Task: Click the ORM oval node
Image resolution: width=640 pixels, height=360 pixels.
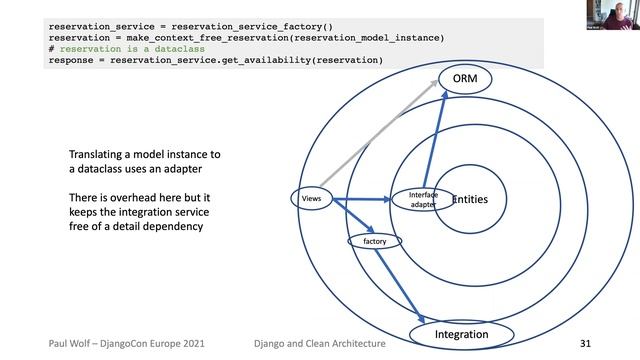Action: [466, 78]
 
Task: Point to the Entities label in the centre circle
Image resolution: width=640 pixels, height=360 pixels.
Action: [470, 200]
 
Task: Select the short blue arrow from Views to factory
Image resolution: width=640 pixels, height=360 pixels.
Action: [351, 217]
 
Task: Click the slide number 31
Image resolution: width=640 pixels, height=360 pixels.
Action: [587, 343]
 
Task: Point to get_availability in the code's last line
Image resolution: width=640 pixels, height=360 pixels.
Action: [292, 60]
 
